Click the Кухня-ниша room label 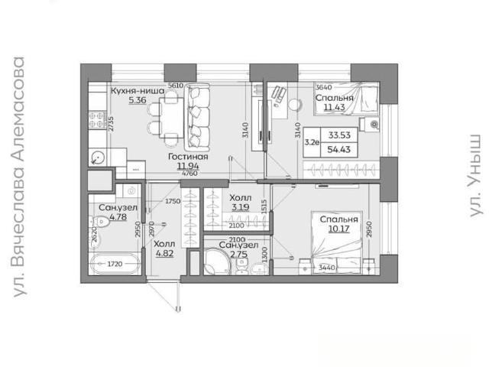pos(138,91)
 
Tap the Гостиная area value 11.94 pos(188,167)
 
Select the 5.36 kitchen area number pos(138,100)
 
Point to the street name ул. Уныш pos(474,176)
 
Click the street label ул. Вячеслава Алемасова pos(19,177)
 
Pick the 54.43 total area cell pos(338,150)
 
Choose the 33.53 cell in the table pos(339,135)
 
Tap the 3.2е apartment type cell pos(312,142)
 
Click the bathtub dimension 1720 pos(115,264)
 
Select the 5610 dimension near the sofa pos(176,85)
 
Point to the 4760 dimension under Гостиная pos(189,174)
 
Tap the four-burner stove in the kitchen pos(97,120)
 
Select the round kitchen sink pos(98,157)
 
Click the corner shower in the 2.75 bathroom pos(216,261)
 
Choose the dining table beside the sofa pos(171,118)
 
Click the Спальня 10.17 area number pos(338,229)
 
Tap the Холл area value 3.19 pos(241,207)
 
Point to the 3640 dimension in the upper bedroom pos(324,87)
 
